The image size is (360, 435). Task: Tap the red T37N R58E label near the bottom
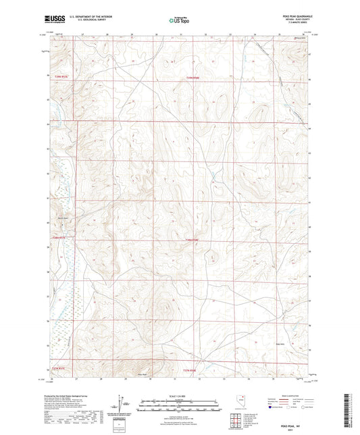tap(194, 368)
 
